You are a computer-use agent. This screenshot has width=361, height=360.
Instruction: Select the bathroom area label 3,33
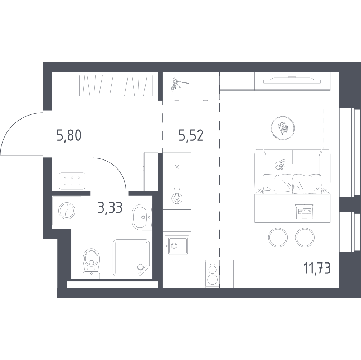(110, 208)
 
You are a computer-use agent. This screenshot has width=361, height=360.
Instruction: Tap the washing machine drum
(67, 211)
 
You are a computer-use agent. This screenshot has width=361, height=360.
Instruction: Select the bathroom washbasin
(141, 217)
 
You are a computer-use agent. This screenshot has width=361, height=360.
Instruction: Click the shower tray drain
(140, 267)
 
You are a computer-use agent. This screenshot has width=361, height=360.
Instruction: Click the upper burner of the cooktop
(212, 269)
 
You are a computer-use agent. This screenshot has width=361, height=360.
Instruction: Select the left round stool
(278, 237)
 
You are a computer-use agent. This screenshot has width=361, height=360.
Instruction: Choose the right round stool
(305, 237)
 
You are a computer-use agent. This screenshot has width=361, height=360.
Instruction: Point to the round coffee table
(283, 128)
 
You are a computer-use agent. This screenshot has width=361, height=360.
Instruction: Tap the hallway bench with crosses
(72, 181)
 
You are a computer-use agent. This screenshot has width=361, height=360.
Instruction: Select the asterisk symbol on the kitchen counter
(177, 167)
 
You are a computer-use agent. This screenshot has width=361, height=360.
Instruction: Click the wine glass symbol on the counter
(177, 198)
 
